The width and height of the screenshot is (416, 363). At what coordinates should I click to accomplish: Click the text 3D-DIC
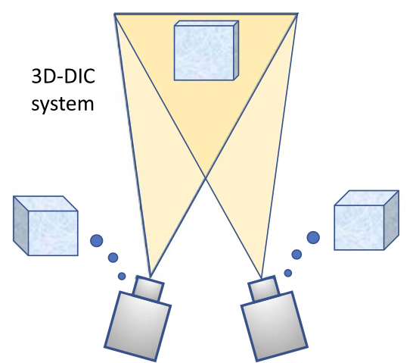point(63,77)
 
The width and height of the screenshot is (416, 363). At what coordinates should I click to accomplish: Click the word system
point(63,104)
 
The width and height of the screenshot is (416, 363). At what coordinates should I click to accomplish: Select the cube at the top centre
point(206,51)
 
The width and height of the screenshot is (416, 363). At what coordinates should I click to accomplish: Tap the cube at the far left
point(45,226)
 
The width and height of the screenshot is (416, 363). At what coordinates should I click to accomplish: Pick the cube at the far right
point(366,220)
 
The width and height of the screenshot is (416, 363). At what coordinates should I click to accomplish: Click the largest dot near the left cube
point(97,240)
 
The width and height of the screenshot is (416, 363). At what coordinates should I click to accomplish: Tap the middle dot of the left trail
point(113,258)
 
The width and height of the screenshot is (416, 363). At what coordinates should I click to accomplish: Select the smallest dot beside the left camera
point(122,276)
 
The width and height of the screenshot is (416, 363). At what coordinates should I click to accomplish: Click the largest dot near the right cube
point(313,237)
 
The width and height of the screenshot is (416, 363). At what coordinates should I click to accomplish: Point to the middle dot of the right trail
point(296,255)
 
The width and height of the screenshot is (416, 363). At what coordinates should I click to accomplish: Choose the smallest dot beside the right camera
point(288,273)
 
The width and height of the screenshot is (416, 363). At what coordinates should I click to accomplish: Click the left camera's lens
point(148,289)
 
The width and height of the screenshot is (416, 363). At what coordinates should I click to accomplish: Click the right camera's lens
point(264,289)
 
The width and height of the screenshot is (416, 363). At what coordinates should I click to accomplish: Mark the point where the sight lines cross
point(206,177)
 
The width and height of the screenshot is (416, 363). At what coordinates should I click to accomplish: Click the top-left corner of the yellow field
point(114,14)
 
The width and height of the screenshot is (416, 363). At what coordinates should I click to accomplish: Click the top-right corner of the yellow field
point(298,14)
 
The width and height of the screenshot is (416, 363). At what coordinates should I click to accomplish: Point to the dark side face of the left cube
point(20,226)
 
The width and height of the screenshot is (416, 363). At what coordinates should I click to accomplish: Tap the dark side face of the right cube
point(391,220)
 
